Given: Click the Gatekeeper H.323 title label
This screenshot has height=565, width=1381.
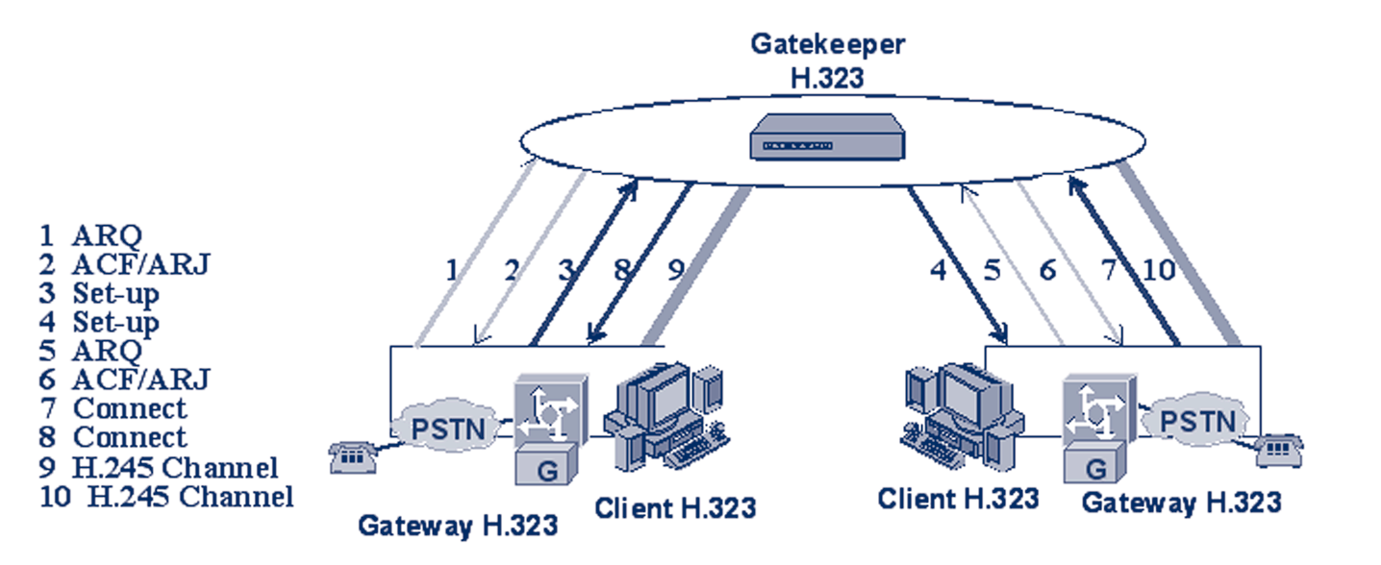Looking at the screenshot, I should coord(828,61).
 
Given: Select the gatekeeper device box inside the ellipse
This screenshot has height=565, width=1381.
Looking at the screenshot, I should coord(827,137).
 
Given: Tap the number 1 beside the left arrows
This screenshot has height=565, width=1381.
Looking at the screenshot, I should coord(451,270).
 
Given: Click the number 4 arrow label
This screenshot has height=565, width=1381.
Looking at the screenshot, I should coord(939,270).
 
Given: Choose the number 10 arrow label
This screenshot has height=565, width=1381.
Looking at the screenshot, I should coord(1159,270).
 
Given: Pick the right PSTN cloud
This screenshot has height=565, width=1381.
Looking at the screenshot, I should coord(1195,421).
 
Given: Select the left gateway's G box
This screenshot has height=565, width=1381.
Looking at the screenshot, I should coord(541,469).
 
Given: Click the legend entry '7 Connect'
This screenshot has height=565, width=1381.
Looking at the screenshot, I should coord(113,408).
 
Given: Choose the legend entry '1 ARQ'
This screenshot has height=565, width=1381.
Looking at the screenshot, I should coord(90,234).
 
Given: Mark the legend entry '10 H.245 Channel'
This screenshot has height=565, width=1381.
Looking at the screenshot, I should coord(165,497).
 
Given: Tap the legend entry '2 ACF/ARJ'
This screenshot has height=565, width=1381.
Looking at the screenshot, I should coord(124,263).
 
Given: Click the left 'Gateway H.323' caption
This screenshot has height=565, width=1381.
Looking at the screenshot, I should coord(458,526).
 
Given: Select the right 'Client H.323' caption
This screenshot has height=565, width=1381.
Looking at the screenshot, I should coord(958,499).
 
